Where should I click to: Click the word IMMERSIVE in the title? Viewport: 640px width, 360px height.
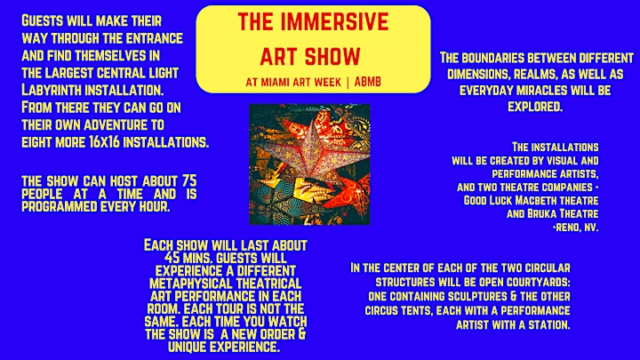[334, 22]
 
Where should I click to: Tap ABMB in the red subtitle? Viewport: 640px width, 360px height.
[367, 82]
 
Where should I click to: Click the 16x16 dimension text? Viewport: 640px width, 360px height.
[104, 142]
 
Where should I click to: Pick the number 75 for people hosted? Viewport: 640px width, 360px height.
[189, 180]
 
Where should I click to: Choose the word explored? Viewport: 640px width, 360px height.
[535, 107]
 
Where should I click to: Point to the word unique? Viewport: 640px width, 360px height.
[188, 347]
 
